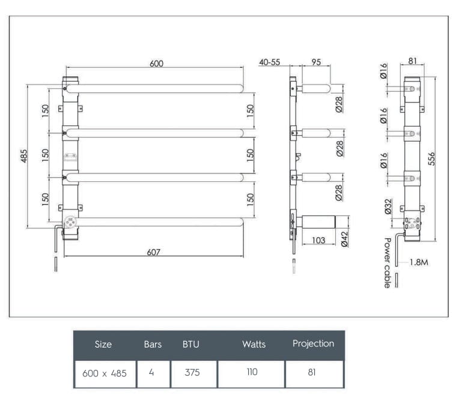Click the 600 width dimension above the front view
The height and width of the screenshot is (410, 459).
pos(156,64)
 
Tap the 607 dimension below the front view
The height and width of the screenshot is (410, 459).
pos(154,252)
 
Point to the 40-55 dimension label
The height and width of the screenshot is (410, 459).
pos(270,62)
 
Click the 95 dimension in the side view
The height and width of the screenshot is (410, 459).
pos(317,62)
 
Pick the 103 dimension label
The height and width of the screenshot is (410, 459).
pos(318,240)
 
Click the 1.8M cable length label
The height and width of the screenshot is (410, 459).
pos(418,262)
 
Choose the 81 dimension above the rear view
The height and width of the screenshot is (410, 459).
pos(413,61)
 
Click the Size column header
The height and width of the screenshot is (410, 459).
pos(103,345)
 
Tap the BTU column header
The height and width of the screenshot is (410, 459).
pos(191,345)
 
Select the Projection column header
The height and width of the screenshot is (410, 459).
pos(313,343)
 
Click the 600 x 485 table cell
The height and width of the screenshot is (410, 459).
pos(105,373)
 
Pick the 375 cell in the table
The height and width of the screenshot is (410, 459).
pos(192,372)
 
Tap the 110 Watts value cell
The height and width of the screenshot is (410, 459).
pos(252,372)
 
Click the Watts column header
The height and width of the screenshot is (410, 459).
pos(254,345)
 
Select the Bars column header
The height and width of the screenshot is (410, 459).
pos(153,345)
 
